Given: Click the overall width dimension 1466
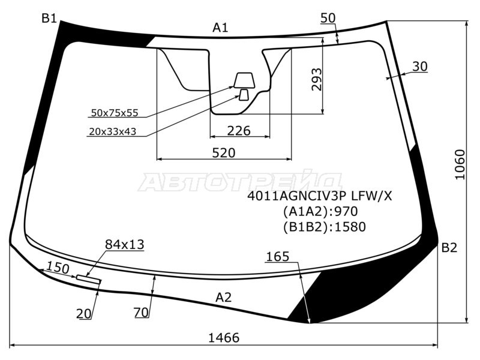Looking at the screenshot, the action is (224, 338).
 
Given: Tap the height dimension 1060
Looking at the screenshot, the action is (460, 164).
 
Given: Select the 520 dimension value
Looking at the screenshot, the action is (224, 153).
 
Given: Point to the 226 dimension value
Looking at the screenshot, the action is (239, 131).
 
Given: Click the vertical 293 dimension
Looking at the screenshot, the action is (317, 80).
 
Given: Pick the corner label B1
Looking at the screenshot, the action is (49, 19).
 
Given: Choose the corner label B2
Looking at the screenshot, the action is (449, 247).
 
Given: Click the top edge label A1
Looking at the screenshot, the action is (220, 28).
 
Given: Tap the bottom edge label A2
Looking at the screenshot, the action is (223, 297).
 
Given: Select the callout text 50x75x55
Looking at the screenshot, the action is (115, 113).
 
